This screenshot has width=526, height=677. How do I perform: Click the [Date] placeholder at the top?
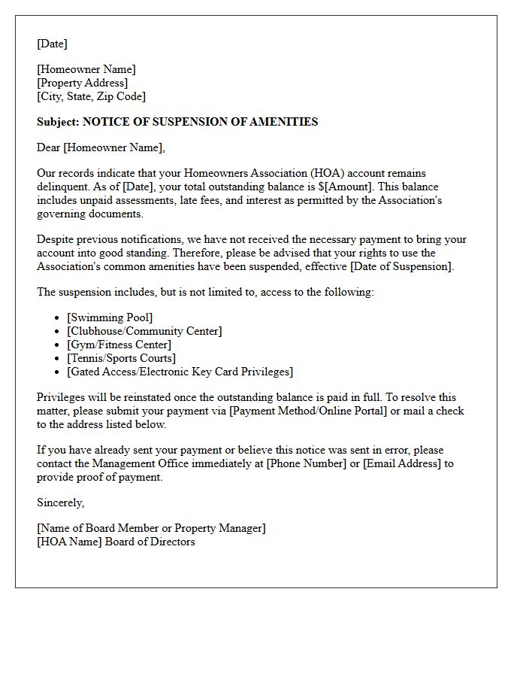point(52,44)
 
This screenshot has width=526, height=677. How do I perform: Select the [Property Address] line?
point(82,83)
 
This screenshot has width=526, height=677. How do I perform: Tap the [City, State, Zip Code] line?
point(91,96)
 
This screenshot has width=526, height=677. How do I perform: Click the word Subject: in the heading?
point(58,122)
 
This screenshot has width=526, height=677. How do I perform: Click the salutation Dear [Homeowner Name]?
point(101,147)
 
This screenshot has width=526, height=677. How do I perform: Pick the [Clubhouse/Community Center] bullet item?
point(144,331)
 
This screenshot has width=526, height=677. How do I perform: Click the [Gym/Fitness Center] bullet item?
point(118,345)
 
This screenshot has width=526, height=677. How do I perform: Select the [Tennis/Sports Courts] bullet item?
point(121,358)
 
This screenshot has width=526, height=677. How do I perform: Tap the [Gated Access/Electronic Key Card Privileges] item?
point(180,372)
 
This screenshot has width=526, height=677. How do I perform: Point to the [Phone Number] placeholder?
point(304,463)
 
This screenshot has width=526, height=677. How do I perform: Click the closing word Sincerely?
point(61,502)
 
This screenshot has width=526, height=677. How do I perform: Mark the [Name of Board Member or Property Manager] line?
point(151,528)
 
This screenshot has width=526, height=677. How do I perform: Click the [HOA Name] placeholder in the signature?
point(69,542)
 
